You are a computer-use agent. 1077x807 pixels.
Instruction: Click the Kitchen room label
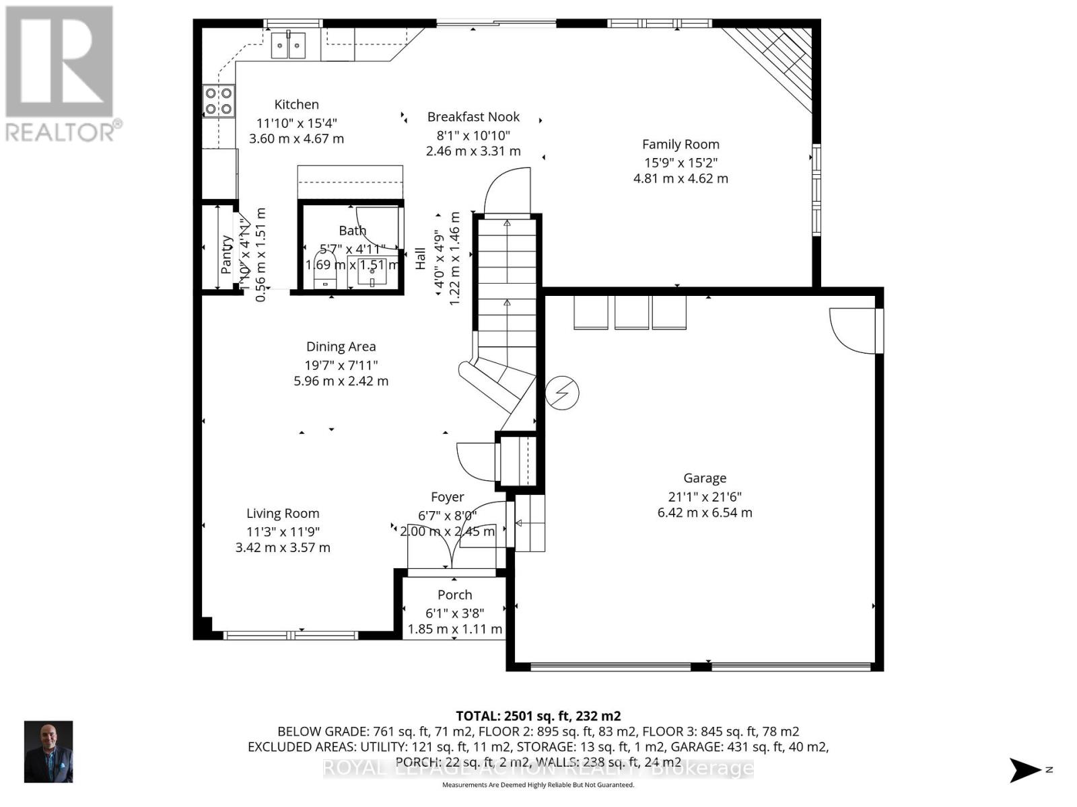[296, 104]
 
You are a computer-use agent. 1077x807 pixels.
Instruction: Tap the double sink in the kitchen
[288, 46]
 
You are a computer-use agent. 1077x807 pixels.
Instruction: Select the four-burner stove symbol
[219, 101]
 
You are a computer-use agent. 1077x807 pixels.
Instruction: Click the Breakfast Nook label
[473, 116]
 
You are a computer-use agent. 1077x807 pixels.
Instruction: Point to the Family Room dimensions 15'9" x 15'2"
[680, 162]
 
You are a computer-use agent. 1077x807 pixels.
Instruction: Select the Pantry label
[227, 254]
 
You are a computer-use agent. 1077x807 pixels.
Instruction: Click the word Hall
[420, 258]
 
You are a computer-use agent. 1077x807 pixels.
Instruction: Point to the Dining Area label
[341, 346]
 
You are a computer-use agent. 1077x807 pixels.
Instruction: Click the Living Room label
[283, 513]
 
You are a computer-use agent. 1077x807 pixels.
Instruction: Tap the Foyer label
[447, 496]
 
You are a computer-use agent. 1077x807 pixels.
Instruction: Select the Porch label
[454, 594]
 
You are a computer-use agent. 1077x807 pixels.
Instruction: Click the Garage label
[705, 477]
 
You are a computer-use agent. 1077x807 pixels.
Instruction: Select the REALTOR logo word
[61, 131]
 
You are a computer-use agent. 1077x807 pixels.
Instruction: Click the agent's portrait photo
[48, 751]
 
